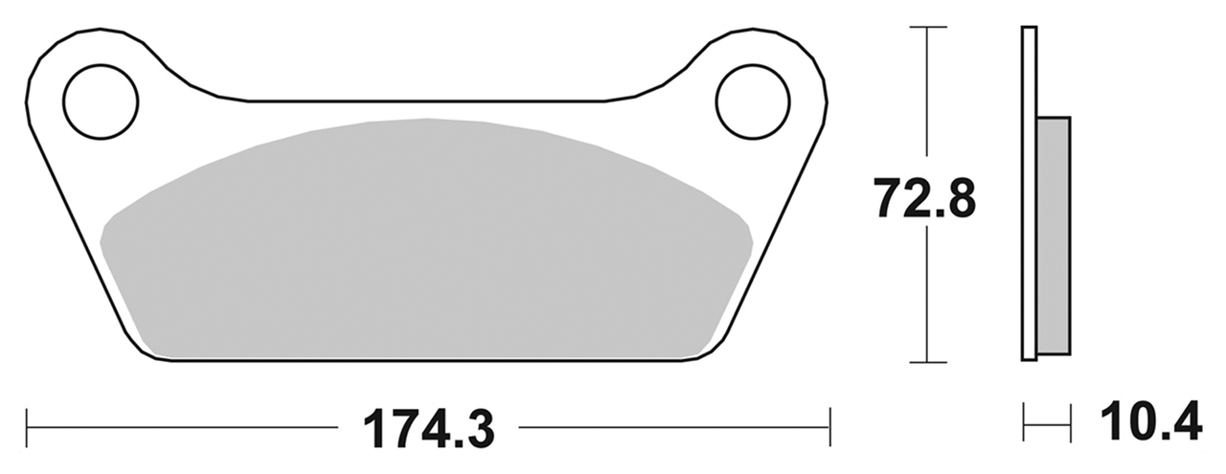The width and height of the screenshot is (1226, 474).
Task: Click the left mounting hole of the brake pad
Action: [x=101, y=101]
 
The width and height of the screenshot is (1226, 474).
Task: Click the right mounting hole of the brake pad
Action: [x=753, y=101]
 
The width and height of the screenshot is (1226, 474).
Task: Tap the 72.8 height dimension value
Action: [x=923, y=200]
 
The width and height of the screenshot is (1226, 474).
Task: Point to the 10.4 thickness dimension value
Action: [x=1150, y=422]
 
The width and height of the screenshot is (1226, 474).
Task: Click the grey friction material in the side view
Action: [x=1054, y=234]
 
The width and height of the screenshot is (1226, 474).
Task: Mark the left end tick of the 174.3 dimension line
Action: [x=28, y=421]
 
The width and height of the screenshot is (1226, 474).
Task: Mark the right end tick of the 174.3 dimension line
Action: [x=829, y=421]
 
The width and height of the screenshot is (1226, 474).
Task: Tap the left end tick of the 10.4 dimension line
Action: [x=1024, y=421]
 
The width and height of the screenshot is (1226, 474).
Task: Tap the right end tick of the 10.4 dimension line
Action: [x=1070, y=421]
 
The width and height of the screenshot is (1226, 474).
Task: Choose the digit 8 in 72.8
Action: [x=958, y=200]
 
